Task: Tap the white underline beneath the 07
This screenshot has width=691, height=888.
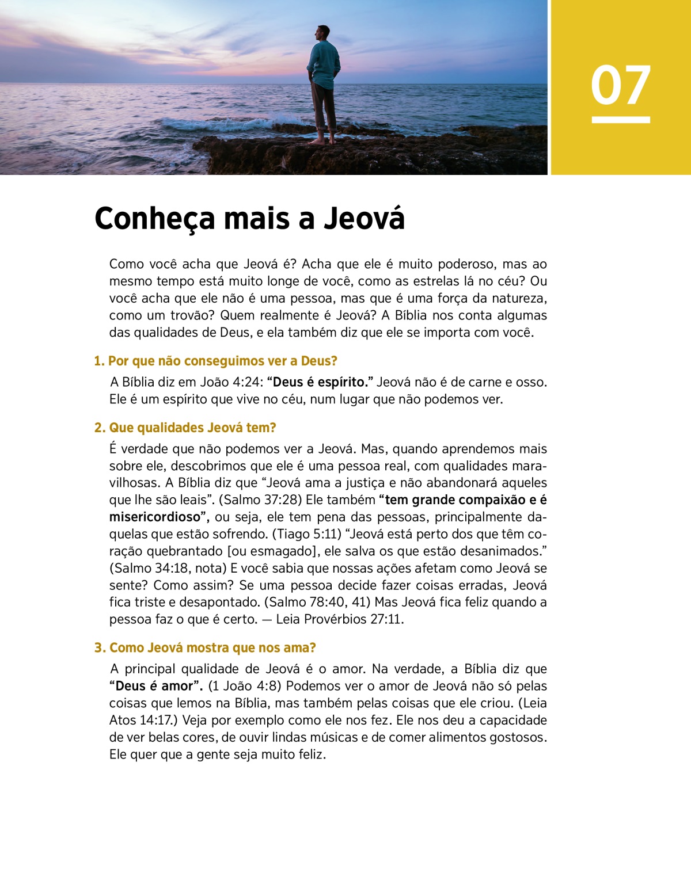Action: click(620, 120)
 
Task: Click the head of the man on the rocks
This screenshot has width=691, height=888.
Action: click(324, 33)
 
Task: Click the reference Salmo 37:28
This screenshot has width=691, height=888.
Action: click(262, 500)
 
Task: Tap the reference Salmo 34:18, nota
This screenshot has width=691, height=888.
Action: click(168, 569)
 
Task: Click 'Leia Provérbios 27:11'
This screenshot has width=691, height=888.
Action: click(340, 620)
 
